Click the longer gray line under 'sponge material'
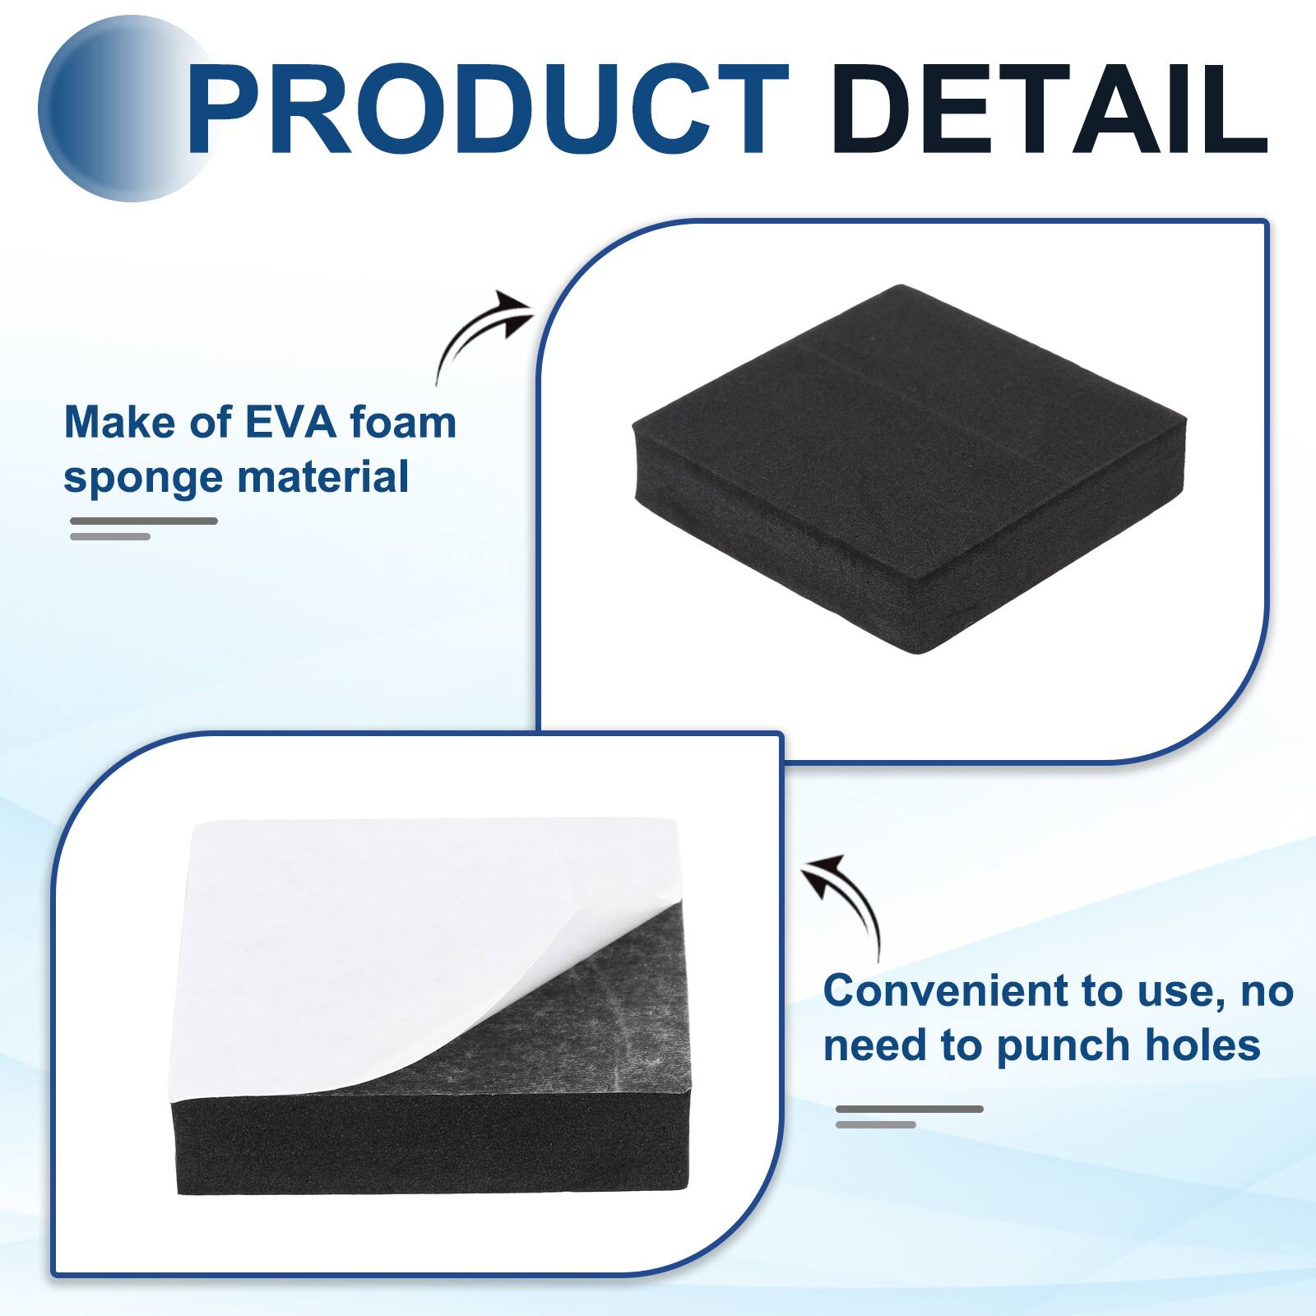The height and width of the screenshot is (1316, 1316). pyautogui.click(x=144, y=521)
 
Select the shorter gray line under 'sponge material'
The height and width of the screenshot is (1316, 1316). pyautogui.click(x=110, y=536)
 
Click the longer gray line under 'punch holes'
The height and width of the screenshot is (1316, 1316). pyautogui.click(x=910, y=1109)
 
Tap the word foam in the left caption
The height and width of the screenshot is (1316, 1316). pyautogui.click(x=403, y=423)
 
